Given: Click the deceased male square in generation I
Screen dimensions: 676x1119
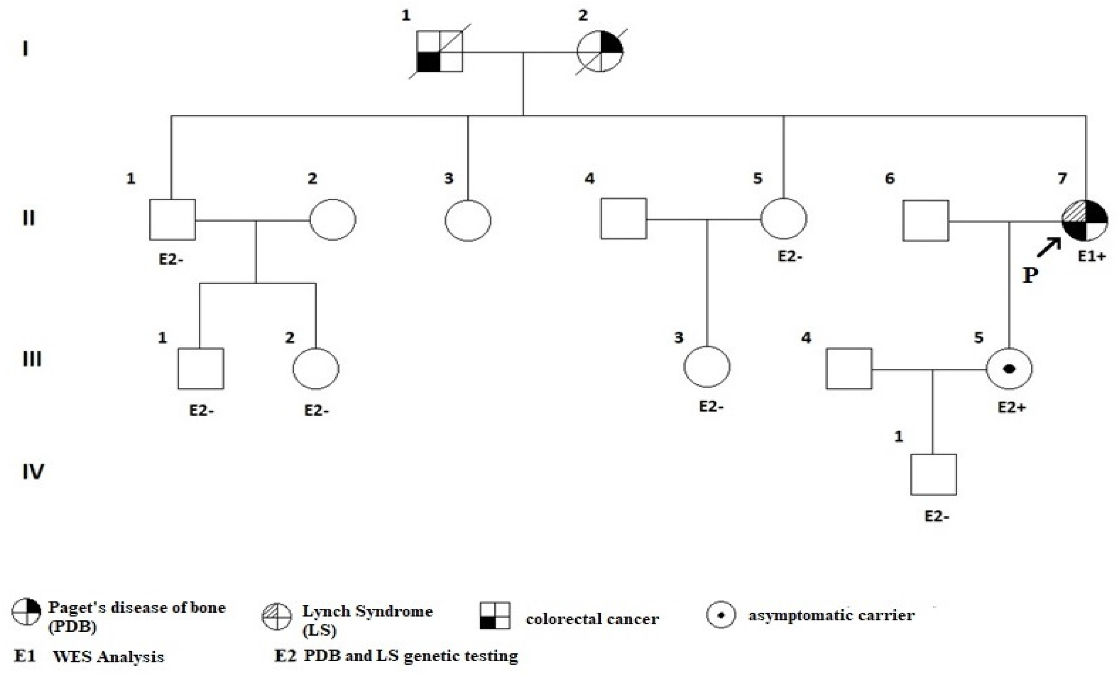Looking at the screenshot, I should pyautogui.click(x=440, y=51).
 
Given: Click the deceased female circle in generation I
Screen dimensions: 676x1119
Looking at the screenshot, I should pyautogui.click(x=600, y=51).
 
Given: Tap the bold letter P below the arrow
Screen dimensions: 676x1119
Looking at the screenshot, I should pyautogui.click(x=1030, y=275).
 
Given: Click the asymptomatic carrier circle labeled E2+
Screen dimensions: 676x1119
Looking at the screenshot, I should pyautogui.click(x=1009, y=368).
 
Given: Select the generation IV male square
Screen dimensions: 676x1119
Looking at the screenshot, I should pyautogui.click(x=933, y=474).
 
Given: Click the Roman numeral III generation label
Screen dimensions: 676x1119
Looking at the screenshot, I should pyautogui.click(x=32, y=359).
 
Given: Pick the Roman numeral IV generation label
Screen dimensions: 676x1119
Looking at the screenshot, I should pyautogui.click(x=33, y=472).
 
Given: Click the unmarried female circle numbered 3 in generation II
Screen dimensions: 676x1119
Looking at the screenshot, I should pyautogui.click(x=468, y=220).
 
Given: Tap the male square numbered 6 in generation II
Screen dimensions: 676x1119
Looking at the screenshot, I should pyautogui.click(x=925, y=220).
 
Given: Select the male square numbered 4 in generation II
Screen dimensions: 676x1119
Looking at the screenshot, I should pyautogui.click(x=623, y=219).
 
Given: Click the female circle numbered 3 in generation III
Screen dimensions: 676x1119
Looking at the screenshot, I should pyautogui.click(x=707, y=367).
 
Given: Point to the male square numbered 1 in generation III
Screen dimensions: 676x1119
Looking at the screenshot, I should pyautogui.click(x=200, y=368).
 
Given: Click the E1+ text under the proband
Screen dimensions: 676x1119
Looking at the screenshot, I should pyautogui.click(x=1092, y=257).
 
